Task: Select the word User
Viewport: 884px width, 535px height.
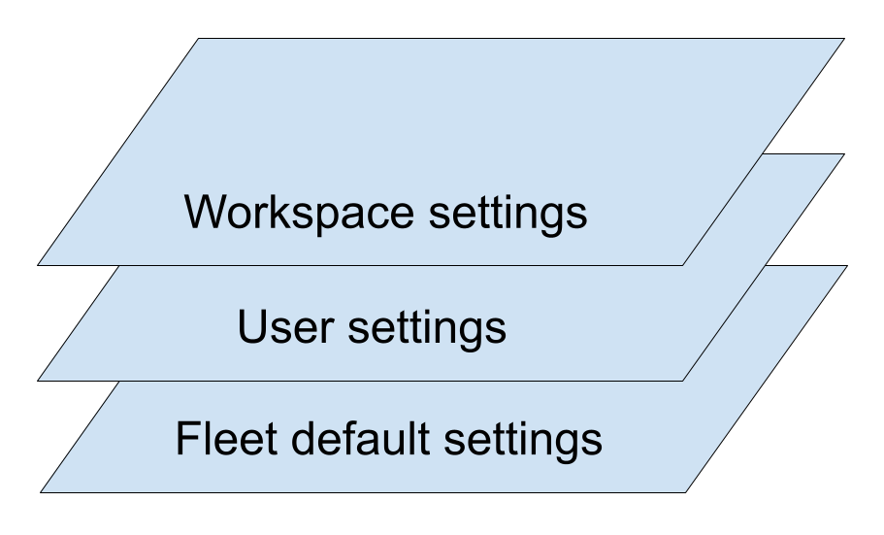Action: pos(285,328)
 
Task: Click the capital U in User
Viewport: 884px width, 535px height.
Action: pos(250,328)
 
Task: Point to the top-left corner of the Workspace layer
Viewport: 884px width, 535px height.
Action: pos(198,40)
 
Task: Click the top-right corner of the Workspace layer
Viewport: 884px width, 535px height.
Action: pos(842,40)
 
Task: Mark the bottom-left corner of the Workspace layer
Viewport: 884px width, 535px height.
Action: pos(40,264)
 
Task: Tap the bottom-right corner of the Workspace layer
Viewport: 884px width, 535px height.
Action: pos(684,264)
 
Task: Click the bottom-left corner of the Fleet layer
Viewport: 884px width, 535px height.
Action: pos(40,492)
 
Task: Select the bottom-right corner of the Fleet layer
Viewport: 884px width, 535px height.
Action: pos(684,492)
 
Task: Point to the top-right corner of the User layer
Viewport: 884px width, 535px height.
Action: pos(842,154)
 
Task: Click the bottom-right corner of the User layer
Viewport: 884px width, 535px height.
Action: pos(684,379)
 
